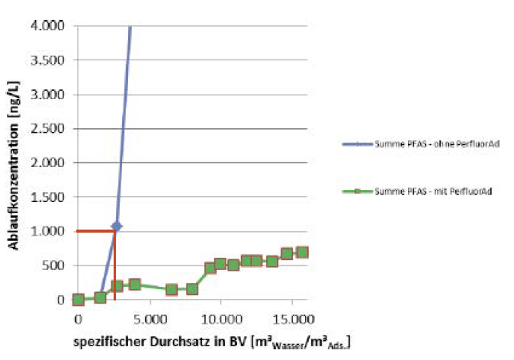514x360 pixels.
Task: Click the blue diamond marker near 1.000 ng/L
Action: [116, 227]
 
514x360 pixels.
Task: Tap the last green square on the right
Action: [302, 252]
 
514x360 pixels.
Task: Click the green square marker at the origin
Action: [78, 300]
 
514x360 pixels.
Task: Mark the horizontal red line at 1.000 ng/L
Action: [95, 231]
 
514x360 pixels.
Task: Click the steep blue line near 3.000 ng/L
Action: [124, 95]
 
